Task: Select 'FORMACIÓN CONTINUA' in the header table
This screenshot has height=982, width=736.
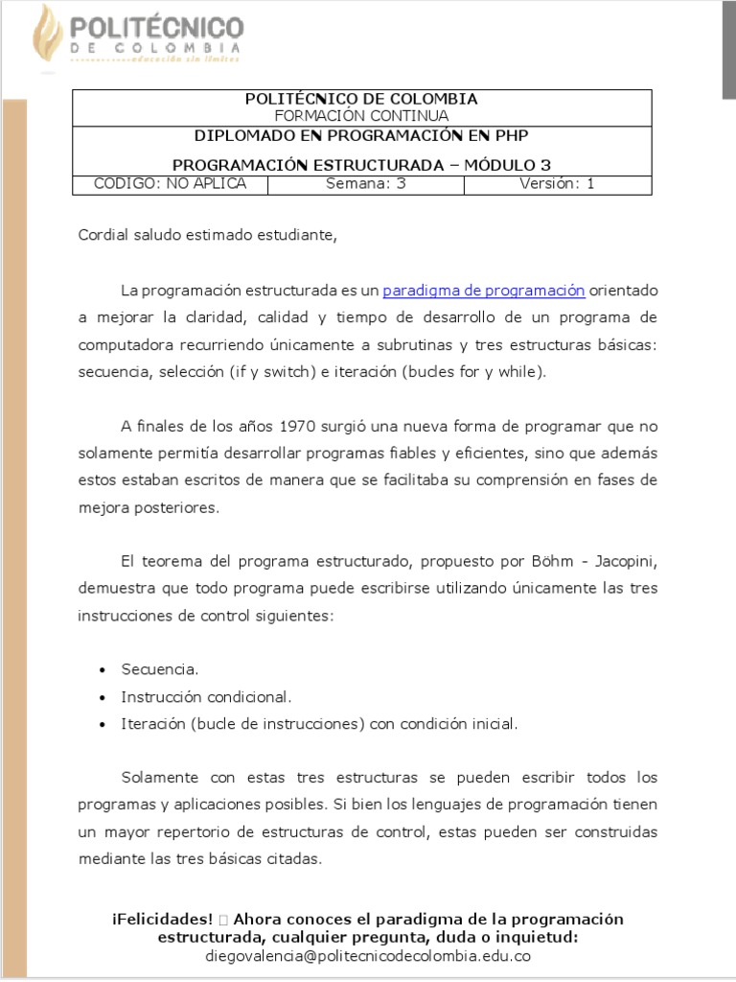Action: coord(361,116)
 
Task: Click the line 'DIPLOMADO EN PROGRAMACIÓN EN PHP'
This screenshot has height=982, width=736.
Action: coord(361,136)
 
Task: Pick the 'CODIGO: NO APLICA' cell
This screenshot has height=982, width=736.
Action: coord(170,184)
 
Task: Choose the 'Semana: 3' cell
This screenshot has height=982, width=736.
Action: coord(365,184)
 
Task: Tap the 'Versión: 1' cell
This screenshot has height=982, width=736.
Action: coord(557,184)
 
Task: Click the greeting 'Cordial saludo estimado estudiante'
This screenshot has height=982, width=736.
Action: coord(208,236)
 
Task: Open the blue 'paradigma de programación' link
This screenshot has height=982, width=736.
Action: coord(483,291)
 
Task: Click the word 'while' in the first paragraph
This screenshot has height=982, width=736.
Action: coord(523,372)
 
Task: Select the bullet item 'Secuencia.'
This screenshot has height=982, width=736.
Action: coord(160,669)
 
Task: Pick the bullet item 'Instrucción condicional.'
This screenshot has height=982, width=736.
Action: coord(206,697)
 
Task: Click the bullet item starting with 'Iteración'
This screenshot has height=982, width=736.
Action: coord(319,724)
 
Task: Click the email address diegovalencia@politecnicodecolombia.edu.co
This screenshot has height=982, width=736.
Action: coord(368,956)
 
